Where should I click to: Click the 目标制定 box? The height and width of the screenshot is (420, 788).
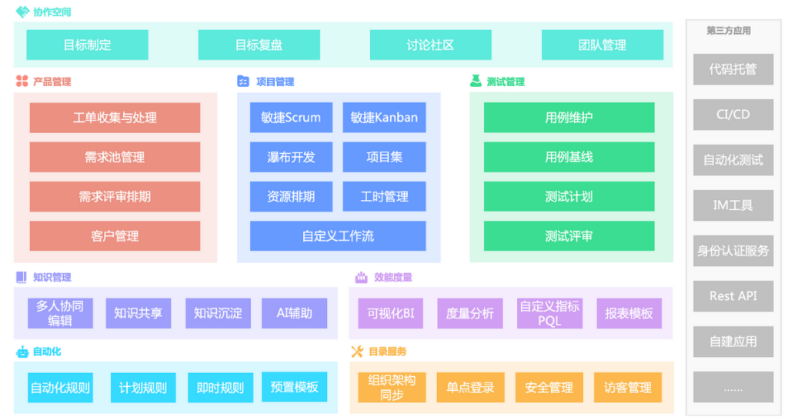point(87,45)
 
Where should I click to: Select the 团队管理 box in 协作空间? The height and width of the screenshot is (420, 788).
point(602,45)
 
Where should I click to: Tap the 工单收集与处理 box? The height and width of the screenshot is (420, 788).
point(115,118)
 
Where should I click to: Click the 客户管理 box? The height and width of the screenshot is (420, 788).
point(115,235)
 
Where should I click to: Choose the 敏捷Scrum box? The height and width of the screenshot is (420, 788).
point(291,118)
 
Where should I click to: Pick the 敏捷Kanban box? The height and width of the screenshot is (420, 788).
point(384,118)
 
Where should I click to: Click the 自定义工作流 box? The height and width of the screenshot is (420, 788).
point(338,235)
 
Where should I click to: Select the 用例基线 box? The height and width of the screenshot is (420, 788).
point(569,157)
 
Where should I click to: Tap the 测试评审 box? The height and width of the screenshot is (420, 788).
point(569,235)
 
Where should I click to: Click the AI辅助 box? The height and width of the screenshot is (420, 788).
point(294,313)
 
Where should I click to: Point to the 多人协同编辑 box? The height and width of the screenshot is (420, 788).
point(60,313)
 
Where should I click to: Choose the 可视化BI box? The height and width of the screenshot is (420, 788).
point(390,313)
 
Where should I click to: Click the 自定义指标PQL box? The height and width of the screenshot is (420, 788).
point(549,313)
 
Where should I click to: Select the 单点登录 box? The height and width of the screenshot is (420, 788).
point(470,388)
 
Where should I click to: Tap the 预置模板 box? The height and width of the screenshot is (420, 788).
point(294,387)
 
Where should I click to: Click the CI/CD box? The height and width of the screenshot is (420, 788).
point(733,115)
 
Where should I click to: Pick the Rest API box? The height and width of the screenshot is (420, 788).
point(733,296)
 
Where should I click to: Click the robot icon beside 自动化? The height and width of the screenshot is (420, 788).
point(22,352)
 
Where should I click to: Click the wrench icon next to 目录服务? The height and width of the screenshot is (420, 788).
point(357,352)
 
